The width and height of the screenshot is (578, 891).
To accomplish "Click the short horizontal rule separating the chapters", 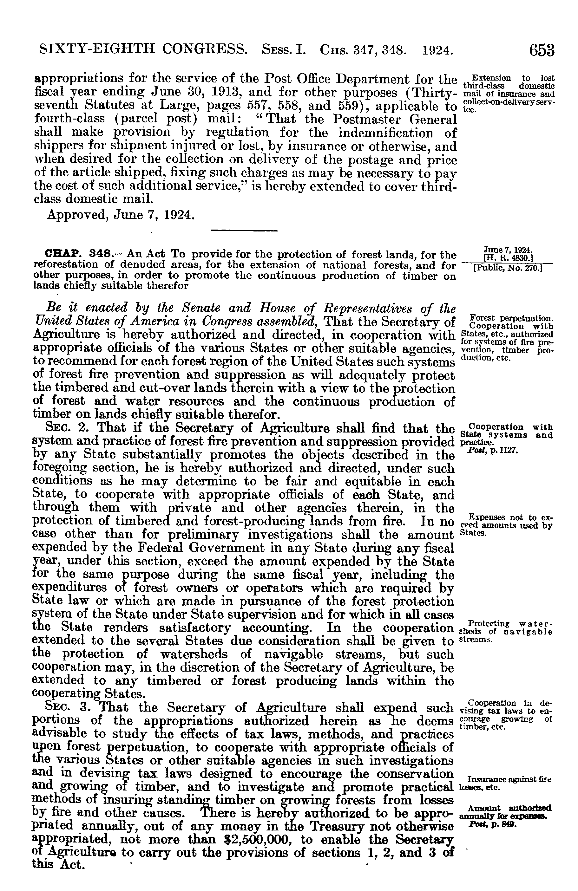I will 244,230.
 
